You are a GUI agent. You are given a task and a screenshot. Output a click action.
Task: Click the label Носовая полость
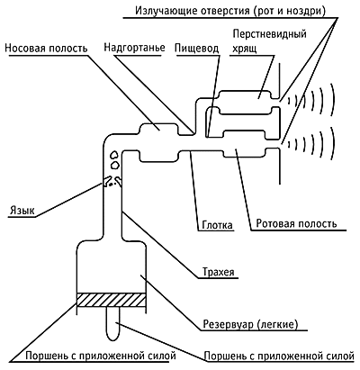pos(47,48)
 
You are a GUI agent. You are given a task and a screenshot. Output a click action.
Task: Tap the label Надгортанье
pos(134,48)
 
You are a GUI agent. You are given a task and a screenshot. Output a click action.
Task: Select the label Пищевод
pos(197,49)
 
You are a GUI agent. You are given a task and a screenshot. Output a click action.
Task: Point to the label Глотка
pos(217,225)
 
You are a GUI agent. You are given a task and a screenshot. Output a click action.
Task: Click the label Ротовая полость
pos(296,223)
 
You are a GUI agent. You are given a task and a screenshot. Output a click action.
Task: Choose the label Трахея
pos(219,272)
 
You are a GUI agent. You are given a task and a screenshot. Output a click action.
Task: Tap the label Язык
pos(22,211)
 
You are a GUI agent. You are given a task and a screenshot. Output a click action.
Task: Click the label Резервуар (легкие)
pos(251,324)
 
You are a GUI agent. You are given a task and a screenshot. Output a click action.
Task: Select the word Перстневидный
pos(270,34)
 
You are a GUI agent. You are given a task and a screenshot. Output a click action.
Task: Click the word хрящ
pos(245,48)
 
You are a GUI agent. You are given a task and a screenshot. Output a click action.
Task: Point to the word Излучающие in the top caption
pos(162,11)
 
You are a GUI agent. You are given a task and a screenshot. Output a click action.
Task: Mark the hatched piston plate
pos(112,300)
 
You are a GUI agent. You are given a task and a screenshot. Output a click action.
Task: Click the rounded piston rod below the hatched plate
pos(114,323)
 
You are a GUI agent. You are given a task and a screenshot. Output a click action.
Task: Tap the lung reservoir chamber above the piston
pos(112,266)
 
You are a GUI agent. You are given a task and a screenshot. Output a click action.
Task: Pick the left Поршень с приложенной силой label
pos(101,356)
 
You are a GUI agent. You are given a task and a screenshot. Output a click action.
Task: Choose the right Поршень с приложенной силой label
pos(279,356)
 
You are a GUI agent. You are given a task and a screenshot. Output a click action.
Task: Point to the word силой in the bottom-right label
pos(338,356)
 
